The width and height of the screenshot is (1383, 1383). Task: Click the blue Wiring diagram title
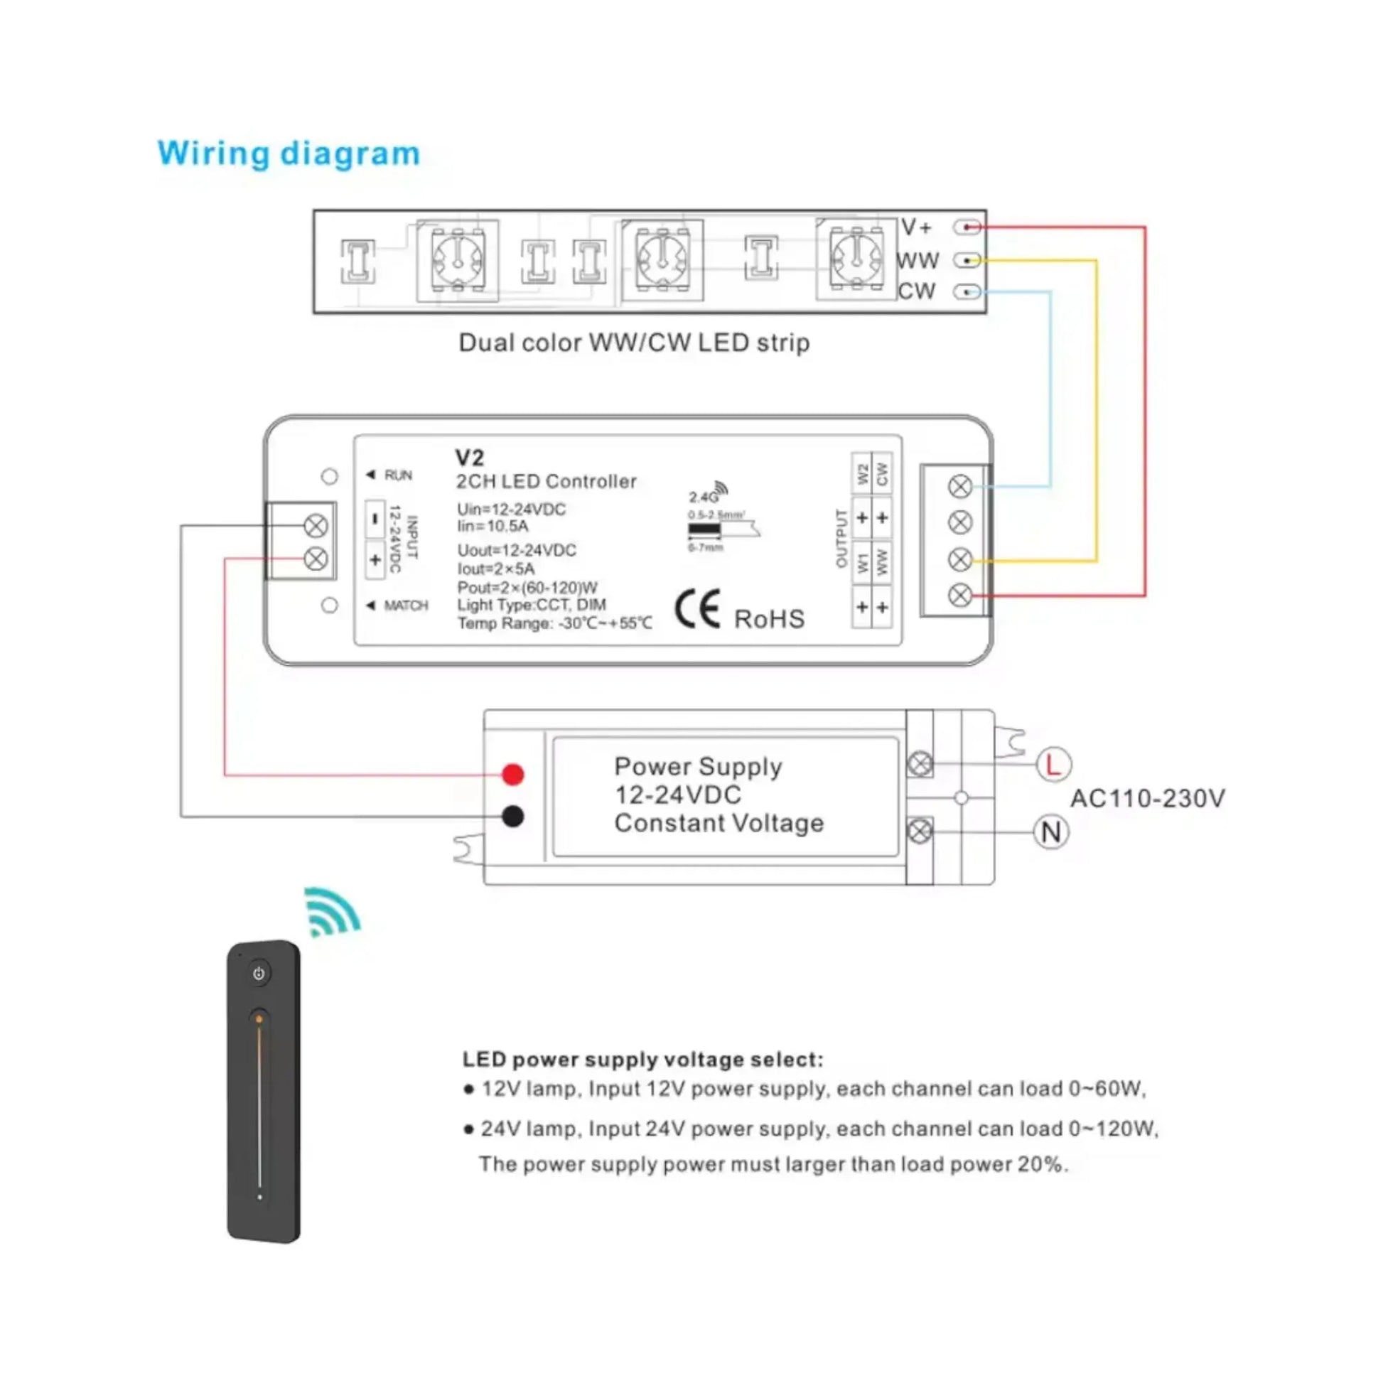[x=289, y=154]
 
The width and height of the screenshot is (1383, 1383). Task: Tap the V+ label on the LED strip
[x=916, y=227]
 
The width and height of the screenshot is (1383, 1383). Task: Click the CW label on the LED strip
[x=916, y=291]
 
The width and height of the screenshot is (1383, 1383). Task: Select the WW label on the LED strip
[x=917, y=261]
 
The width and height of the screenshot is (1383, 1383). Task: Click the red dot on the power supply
[x=512, y=774]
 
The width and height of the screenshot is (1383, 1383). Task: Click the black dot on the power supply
[x=512, y=816]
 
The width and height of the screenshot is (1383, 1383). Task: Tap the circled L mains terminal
[x=1053, y=765]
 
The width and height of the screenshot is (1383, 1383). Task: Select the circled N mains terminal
[x=1051, y=832]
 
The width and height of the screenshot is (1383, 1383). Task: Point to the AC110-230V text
[x=1148, y=798]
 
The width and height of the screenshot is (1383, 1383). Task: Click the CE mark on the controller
[x=697, y=609]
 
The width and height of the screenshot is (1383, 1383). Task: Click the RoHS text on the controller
[x=770, y=619]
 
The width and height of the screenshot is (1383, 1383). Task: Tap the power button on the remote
[x=259, y=974]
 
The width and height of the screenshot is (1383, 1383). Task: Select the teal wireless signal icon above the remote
[x=331, y=911]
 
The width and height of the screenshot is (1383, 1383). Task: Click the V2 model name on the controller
[x=470, y=458]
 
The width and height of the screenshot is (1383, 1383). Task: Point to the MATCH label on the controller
[x=405, y=606]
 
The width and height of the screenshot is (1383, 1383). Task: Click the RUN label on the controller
[x=398, y=475]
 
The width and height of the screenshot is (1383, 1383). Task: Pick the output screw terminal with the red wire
[x=960, y=595]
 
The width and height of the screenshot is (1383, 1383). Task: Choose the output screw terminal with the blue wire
[x=960, y=487]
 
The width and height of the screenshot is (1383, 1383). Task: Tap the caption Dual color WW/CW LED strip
[x=633, y=343]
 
